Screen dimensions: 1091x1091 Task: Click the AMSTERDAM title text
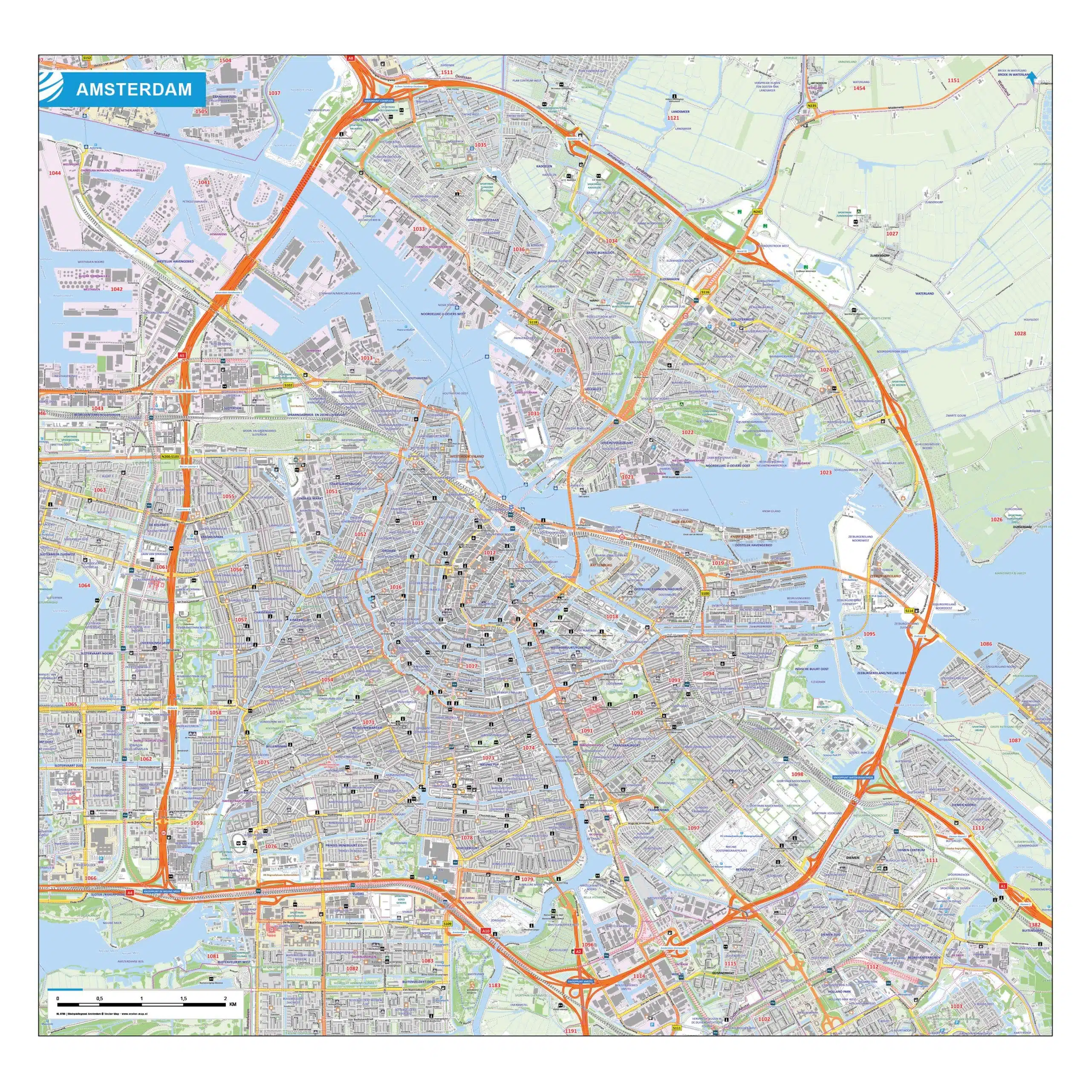[134, 89]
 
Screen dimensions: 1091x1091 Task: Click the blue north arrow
[1033, 78]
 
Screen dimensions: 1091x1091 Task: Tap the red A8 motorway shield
[351, 58]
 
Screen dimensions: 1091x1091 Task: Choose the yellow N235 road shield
[812, 106]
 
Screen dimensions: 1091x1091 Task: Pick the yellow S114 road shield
[908, 611]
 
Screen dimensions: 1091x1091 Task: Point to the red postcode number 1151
[953, 80]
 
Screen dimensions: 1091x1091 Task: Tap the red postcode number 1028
[1019, 333]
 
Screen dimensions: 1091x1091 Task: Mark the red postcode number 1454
[859, 88]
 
